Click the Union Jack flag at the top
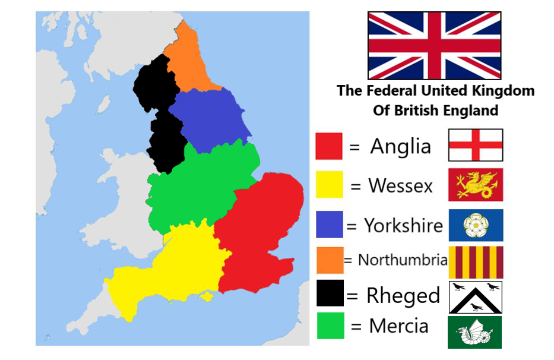(x=434, y=46)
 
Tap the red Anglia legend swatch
(x=329, y=146)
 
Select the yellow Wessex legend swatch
(x=329, y=184)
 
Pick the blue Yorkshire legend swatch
(x=329, y=225)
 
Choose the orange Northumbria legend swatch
(x=330, y=260)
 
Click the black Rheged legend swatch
(x=330, y=294)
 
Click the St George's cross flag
(x=475, y=145)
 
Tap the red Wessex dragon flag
(x=475, y=184)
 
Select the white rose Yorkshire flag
(x=475, y=225)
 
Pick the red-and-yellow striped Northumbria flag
(x=475, y=261)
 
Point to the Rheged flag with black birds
(x=475, y=297)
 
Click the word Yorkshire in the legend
(x=403, y=226)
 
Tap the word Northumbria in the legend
(x=403, y=260)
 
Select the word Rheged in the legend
(x=403, y=295)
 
